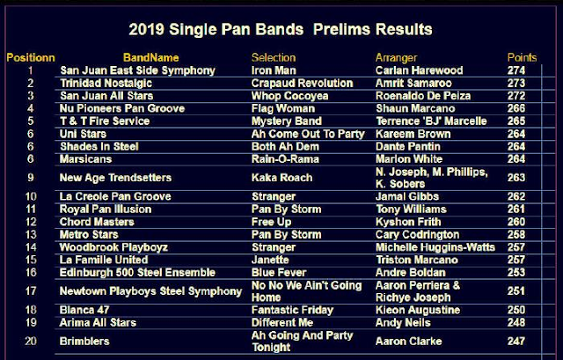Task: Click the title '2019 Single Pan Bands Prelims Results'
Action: [281, 29]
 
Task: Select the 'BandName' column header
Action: [150, 57]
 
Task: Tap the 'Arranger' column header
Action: [397, 58]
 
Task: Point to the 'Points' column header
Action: [522, 57]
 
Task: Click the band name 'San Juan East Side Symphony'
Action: [137, 70]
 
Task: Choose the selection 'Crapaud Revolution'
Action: [303, 84]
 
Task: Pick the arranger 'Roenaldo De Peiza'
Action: [423, 96]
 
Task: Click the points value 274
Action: [516, 70]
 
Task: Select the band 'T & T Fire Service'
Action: [105, 121]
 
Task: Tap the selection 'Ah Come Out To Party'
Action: [308, 134]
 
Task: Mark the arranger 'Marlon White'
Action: [409, 159]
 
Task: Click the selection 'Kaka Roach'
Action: [281, 178]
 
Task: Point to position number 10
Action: [31, 196]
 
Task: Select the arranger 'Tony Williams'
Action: [411, 209]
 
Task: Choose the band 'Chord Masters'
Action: [97, 222]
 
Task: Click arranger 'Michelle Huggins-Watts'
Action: [435, 247]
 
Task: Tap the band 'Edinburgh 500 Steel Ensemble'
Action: [137, 273]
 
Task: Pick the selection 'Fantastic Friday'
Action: [292, 310]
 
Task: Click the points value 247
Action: [516, 341]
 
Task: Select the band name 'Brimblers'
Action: [84, 342]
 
